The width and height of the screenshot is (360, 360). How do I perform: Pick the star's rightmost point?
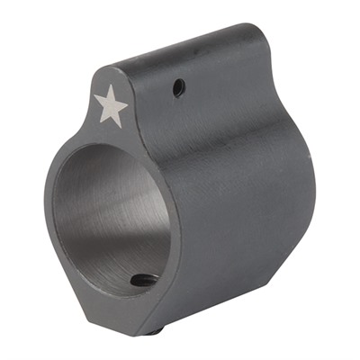tap(129, 100)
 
